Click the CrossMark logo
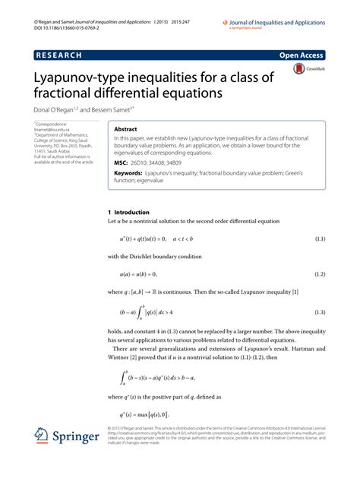click(301, 71)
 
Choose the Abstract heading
click(125, 130)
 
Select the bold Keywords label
click(131, 172)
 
